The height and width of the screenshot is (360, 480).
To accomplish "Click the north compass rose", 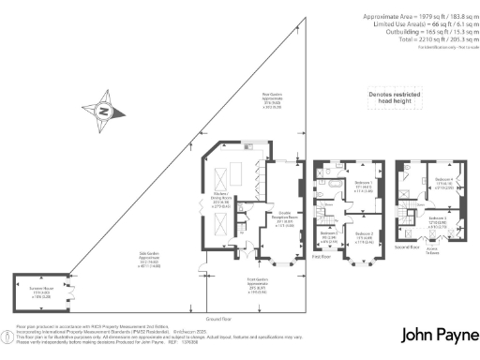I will click(105, 113).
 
